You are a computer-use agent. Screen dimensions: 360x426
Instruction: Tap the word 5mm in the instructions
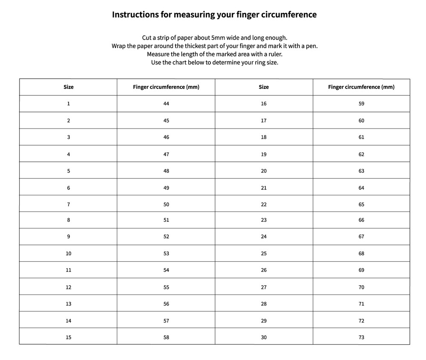[220, 37]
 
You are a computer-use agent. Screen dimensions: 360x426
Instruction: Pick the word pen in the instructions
[312, 46]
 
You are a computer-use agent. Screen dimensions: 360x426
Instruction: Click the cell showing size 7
[69, 204]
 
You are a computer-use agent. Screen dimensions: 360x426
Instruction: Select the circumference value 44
[166, 104]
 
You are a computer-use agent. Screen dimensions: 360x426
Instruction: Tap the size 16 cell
[264, 104]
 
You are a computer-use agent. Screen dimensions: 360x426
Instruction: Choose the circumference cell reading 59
[361, 104]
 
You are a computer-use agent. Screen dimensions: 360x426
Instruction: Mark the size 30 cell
[264, 337]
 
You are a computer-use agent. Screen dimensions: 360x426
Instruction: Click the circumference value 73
[361, 337]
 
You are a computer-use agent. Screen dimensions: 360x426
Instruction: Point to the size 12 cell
[69, 287]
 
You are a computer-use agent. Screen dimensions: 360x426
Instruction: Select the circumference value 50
[166, 204]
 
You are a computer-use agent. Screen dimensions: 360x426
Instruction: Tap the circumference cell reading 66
[361, 220]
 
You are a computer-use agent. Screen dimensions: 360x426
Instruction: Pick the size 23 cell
[264, 220]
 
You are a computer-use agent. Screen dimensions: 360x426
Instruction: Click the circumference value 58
[166, 337]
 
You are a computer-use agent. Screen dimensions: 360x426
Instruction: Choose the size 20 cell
[264, 171]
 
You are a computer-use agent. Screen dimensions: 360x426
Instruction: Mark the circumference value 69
[361, 270]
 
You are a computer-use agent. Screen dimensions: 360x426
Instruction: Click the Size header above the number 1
[69, 87]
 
